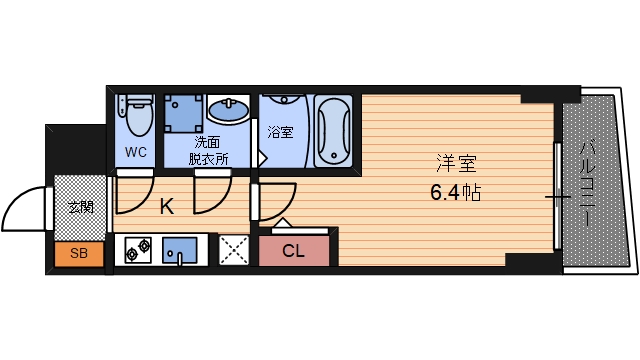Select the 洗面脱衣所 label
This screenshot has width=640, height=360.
pyautogui.click(x=209, y=151)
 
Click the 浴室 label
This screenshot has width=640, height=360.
pyautogui.click(x=280, y=132)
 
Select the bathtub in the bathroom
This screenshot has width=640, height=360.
pyautogui.click(x=333, y=131)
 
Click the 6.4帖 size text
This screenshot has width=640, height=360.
pyautogui.click(x=456, y=192)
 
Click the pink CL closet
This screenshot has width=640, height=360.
pyautogui.click(x=294, y=251)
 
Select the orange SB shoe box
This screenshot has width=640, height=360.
pyautogui.click(x=79, y=254)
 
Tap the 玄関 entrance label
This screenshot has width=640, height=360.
pyautogui.click(x=79, y=208)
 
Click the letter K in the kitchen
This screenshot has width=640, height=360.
pyautogui.click(x=167, y=208)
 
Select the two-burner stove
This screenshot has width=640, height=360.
pyautogui.click(x=138, y=250)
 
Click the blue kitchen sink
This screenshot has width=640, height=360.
pyautogui.click(x=181, y=250)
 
